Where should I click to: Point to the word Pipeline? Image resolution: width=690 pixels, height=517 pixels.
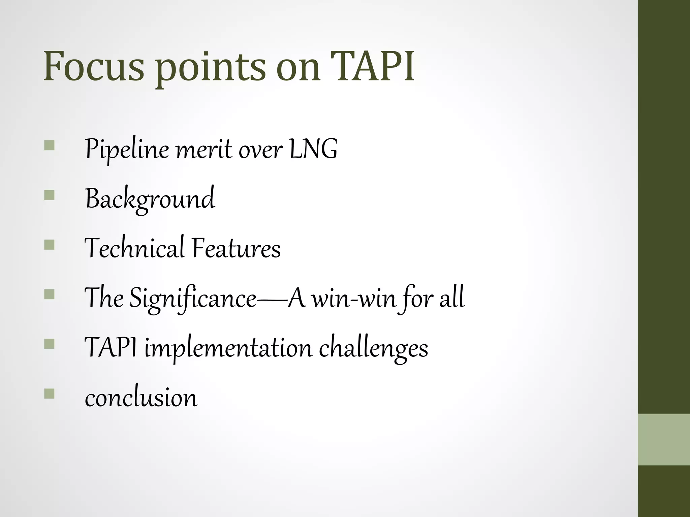pyautogui.click(x=127, y=150)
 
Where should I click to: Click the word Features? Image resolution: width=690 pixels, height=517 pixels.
pyautogui.click(x=236, y=248)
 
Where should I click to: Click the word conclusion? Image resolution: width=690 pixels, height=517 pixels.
pyautogui.click(x=141, y=398)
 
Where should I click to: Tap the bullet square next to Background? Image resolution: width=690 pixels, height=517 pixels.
pyautogui.click(x=49, y=195)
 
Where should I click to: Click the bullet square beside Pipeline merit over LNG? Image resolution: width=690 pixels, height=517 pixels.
pyautogui.click(x=49, y=145)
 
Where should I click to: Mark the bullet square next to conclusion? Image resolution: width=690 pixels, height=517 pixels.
pyautogui.click(x=49, y=393)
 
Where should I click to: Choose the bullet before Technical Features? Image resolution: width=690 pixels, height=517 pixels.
pyautogui.click(x=49, y=245)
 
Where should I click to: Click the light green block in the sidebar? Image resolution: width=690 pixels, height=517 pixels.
pyautogui.click(x=664, y=439)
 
